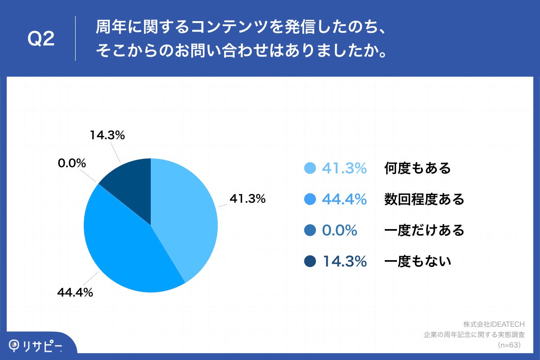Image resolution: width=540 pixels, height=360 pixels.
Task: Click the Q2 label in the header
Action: pos(41,40)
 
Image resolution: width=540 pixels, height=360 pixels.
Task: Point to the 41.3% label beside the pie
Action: pos(247,198)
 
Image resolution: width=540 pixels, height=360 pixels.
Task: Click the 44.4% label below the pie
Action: pos(75,292)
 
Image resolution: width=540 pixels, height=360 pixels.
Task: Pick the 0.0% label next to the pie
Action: pos(72,163)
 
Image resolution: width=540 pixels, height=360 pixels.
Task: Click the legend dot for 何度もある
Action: pos(310,168)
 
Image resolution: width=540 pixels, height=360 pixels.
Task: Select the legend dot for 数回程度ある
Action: pos(310,199)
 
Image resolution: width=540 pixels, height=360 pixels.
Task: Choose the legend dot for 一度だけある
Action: pos(310,230)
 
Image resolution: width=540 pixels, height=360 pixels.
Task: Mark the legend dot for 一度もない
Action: pos(310,261)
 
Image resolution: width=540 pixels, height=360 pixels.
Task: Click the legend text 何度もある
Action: pos(417,168)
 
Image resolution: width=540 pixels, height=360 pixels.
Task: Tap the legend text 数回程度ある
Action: pos(424,199)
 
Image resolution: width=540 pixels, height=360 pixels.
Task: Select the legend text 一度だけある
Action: pos(424,230)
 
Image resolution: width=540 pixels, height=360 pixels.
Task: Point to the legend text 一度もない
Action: pos(417,261)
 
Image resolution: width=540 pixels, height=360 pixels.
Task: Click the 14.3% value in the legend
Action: pos(344,261)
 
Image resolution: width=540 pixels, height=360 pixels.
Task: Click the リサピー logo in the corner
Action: pos(36,345)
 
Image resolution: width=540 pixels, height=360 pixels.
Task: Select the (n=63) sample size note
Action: pos(508,345)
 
